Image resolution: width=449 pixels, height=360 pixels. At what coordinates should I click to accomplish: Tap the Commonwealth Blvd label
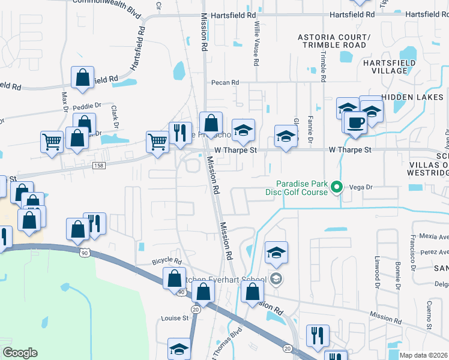coord(106,2)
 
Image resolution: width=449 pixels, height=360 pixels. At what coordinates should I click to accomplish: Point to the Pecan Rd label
coord(224,83)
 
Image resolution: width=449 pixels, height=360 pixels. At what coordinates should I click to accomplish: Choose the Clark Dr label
coord(113,116)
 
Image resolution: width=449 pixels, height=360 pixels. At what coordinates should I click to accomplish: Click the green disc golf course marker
coord(337,188)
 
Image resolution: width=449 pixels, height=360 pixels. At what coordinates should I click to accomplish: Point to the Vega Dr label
coord(362,187)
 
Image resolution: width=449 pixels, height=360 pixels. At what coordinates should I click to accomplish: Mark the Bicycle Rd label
coord(166,262)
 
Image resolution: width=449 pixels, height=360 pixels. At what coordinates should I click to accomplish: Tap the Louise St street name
coord(174,319)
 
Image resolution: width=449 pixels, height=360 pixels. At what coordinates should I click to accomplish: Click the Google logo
coord(20,353)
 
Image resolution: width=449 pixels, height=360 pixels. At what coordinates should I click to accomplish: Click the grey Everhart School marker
coord(276,278)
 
